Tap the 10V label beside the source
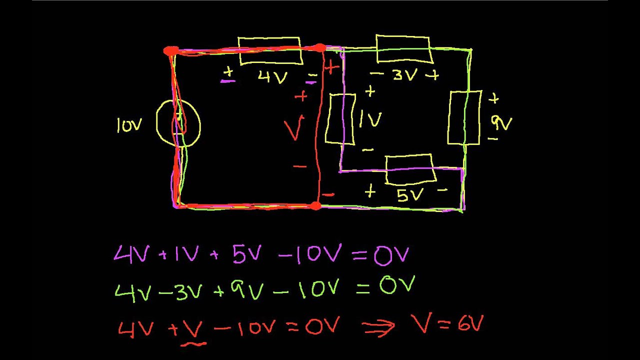coord(128,125)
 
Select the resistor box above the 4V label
coord(270,50)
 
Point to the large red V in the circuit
coord(294,129)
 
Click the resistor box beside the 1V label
coord(341,119)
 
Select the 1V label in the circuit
coord(370,119)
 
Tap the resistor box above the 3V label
coord(403,49)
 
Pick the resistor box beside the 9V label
coord(464,117)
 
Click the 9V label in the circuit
coord(501,121)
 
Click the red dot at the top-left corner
coord(170,51)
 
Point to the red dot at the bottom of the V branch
coord(315,205)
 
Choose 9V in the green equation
coord(250,289)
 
